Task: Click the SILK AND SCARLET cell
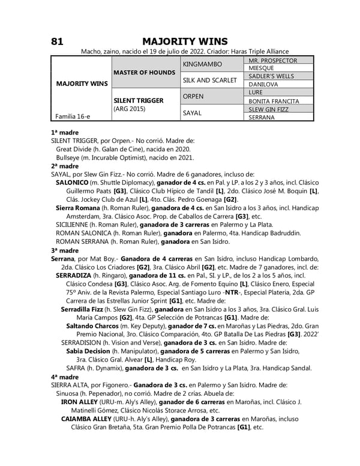pyautogui.click(x=210, y=80)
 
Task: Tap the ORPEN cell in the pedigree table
pyautogui.click(x=193, y=96)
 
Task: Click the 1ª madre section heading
pyautogui.click(x=65, y=131)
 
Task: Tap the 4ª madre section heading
pyautogui.click(x=65, y=377)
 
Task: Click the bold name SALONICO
pyautogui.click(x=73, y=181)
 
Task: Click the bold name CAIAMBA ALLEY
pyautogui.click(x=89, y=419)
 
